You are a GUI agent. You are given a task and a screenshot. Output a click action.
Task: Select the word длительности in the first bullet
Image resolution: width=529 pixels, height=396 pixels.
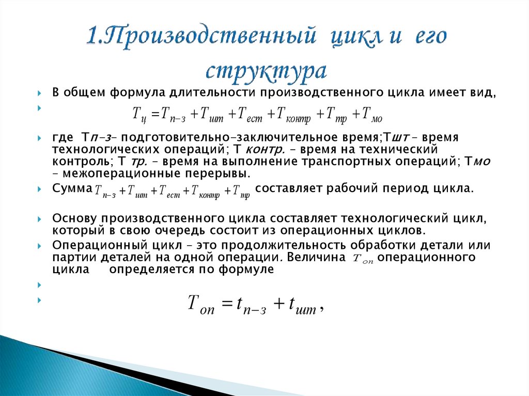(216, 93)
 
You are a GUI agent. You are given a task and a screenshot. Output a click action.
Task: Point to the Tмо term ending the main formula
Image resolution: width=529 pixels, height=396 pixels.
(372, 114)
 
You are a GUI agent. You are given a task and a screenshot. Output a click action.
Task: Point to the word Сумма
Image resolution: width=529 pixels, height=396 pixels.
(72, 188)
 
